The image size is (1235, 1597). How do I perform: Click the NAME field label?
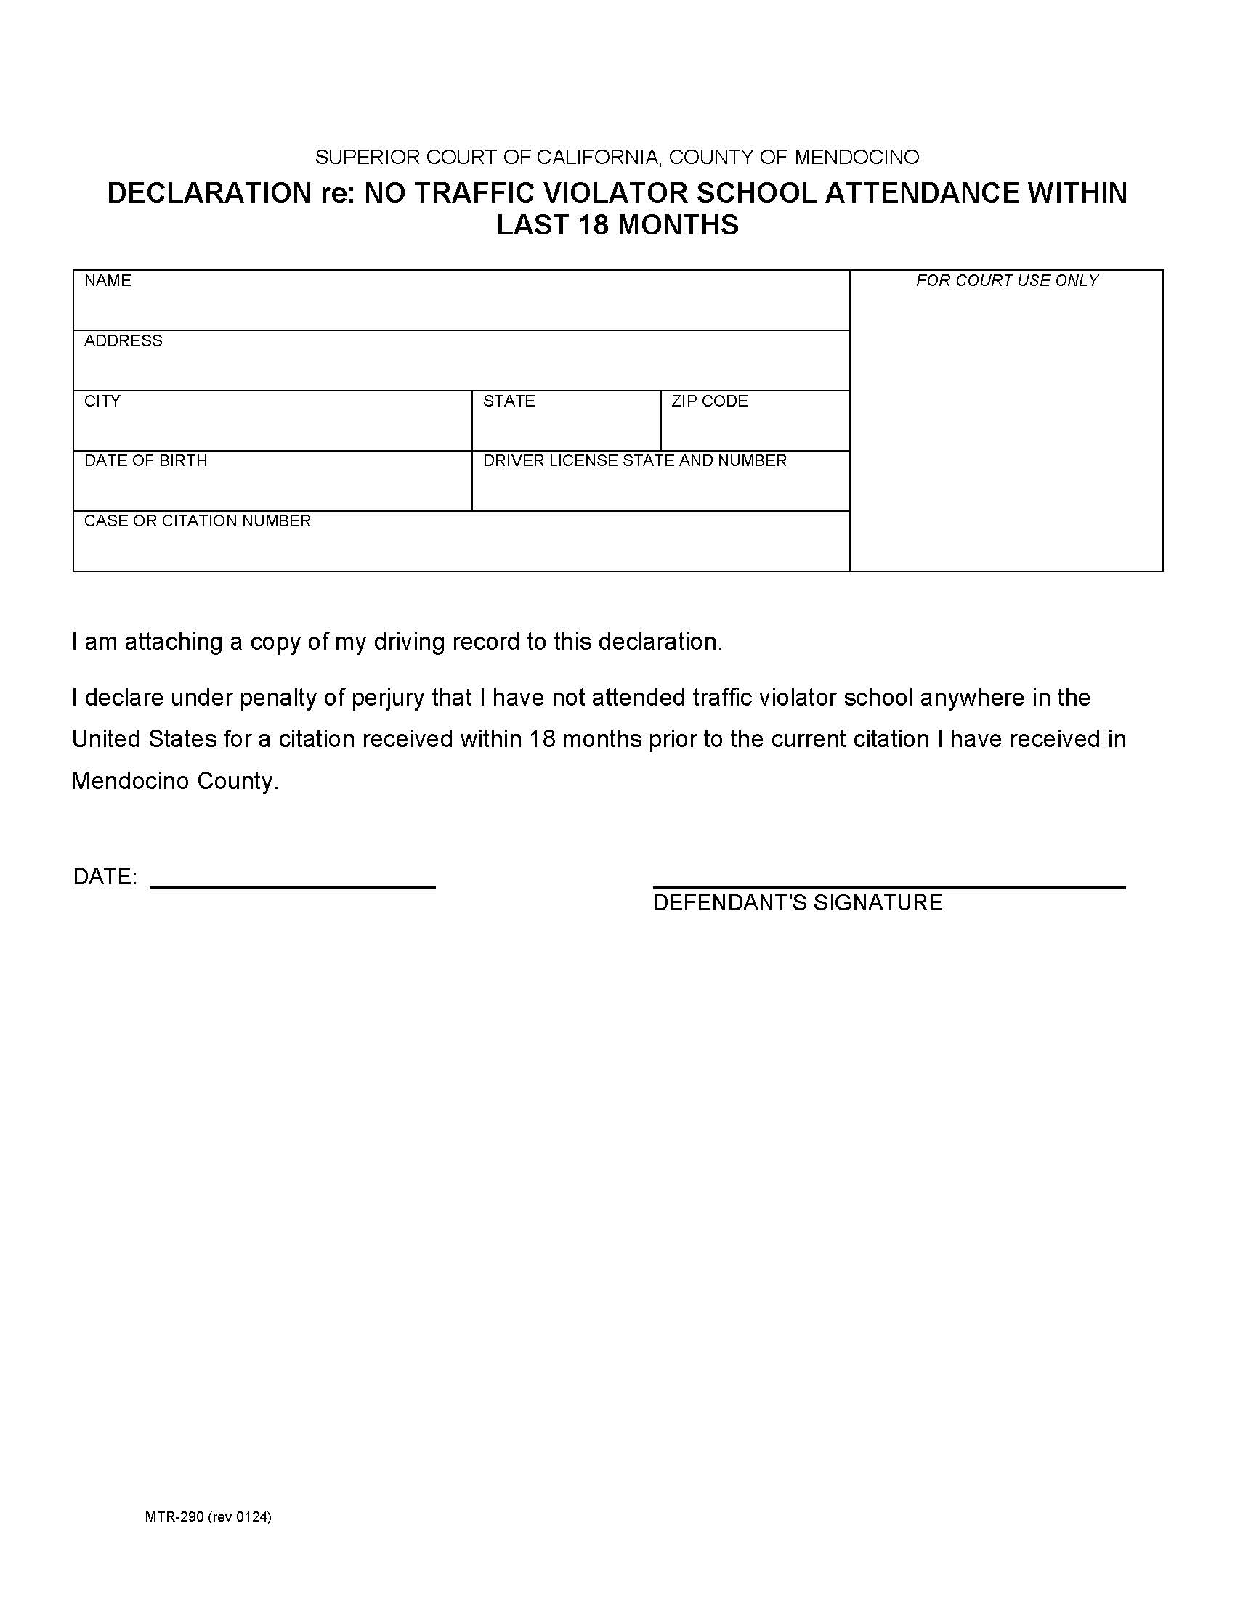108,281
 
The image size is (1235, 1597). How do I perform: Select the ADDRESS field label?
123,340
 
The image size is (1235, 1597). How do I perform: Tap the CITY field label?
102,401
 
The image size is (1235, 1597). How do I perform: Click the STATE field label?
509,401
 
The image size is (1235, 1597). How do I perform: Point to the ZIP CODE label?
709,401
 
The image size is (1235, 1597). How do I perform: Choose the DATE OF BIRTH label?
145,461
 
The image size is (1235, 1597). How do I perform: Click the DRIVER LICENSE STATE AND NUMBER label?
634,461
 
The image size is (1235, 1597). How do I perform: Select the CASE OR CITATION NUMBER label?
198,520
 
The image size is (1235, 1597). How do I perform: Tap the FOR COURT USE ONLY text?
1007,281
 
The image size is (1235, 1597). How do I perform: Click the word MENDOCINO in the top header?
856,158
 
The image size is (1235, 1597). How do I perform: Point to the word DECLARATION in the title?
208,193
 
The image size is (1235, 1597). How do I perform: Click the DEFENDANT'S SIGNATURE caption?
797,903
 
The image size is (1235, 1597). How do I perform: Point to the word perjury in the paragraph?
388,698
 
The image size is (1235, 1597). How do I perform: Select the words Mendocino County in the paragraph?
174,782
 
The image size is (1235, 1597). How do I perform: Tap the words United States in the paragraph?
143,739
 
